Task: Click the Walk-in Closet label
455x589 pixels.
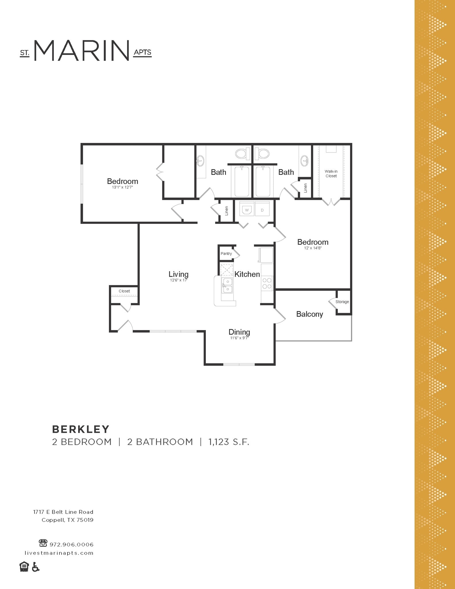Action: tap(331, 174)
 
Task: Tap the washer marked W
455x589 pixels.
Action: tap(247, 210)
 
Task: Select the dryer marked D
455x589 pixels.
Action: tap(262, 210)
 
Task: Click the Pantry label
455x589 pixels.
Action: tap(226, 254)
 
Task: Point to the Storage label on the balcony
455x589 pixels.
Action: tap(342, 302)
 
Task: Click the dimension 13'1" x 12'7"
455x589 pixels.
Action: tap(122, 187)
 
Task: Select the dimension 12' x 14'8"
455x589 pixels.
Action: tap(313, 248)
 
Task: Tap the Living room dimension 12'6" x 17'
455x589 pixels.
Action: tap(178, 280)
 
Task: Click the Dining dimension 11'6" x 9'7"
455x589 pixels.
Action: tap(239, 338)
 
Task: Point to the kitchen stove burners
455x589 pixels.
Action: tap(267, 283)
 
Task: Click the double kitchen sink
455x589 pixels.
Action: tap(227, 285)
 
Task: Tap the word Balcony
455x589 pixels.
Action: tap(310, 314)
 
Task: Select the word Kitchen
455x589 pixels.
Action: tap(247, 274)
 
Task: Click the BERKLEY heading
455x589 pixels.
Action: tap(81, 429)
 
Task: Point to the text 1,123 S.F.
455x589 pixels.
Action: tap(229, 442)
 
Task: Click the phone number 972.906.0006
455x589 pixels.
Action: tap(72, 545)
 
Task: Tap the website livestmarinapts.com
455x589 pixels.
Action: tap(59, 553)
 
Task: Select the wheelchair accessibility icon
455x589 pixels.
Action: tap(35, 567)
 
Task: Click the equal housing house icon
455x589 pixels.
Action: tap(24, 567)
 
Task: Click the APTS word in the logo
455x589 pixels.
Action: tap(142, 52)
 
